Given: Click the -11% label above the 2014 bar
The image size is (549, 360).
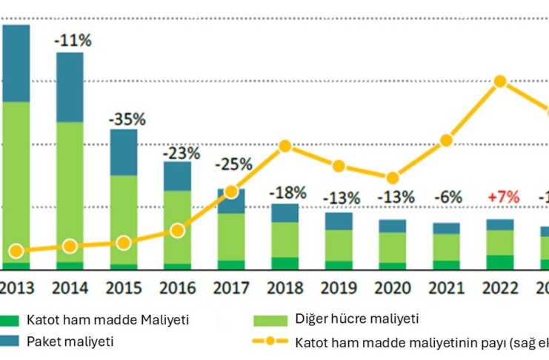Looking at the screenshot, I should (73, 41).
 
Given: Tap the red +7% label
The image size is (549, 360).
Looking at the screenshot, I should (502, 198).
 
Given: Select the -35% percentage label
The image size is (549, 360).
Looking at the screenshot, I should (127, 119).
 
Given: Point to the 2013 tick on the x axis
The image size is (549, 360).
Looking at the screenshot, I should (16, 288).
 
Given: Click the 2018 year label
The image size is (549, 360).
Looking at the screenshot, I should (285, 288).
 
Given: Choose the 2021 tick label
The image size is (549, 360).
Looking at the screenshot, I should (446, 288).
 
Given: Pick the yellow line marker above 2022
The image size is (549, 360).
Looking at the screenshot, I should (500, 81).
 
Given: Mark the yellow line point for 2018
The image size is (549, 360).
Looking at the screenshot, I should (285, 147).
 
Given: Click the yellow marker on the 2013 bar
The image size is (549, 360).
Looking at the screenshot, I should (16, 252).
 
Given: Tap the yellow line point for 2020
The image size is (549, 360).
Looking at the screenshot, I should (393, 178).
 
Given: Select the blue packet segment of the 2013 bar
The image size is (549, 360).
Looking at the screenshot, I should (16, 63).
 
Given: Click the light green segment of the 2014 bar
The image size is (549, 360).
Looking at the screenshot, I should (70, 191).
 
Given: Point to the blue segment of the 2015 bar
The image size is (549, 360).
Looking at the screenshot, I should (124, 152).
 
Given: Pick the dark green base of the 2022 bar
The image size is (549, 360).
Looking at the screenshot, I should (500, 262).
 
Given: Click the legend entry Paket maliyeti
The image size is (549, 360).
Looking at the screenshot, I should (70, 341).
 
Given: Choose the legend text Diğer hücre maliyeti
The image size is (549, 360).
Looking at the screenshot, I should (357, 319).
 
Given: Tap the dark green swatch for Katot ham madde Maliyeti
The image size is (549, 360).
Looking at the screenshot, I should (10, 321).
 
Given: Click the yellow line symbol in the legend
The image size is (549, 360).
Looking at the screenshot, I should (270, 342).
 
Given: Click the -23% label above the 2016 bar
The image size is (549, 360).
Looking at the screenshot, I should (181, 153).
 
